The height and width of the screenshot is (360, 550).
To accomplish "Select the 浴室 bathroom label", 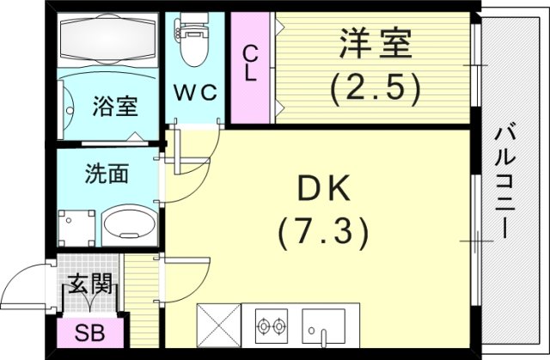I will pos(114,109).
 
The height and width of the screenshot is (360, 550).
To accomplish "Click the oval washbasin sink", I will pos(129,228).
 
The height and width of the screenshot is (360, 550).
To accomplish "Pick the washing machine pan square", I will pos(76,226).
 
